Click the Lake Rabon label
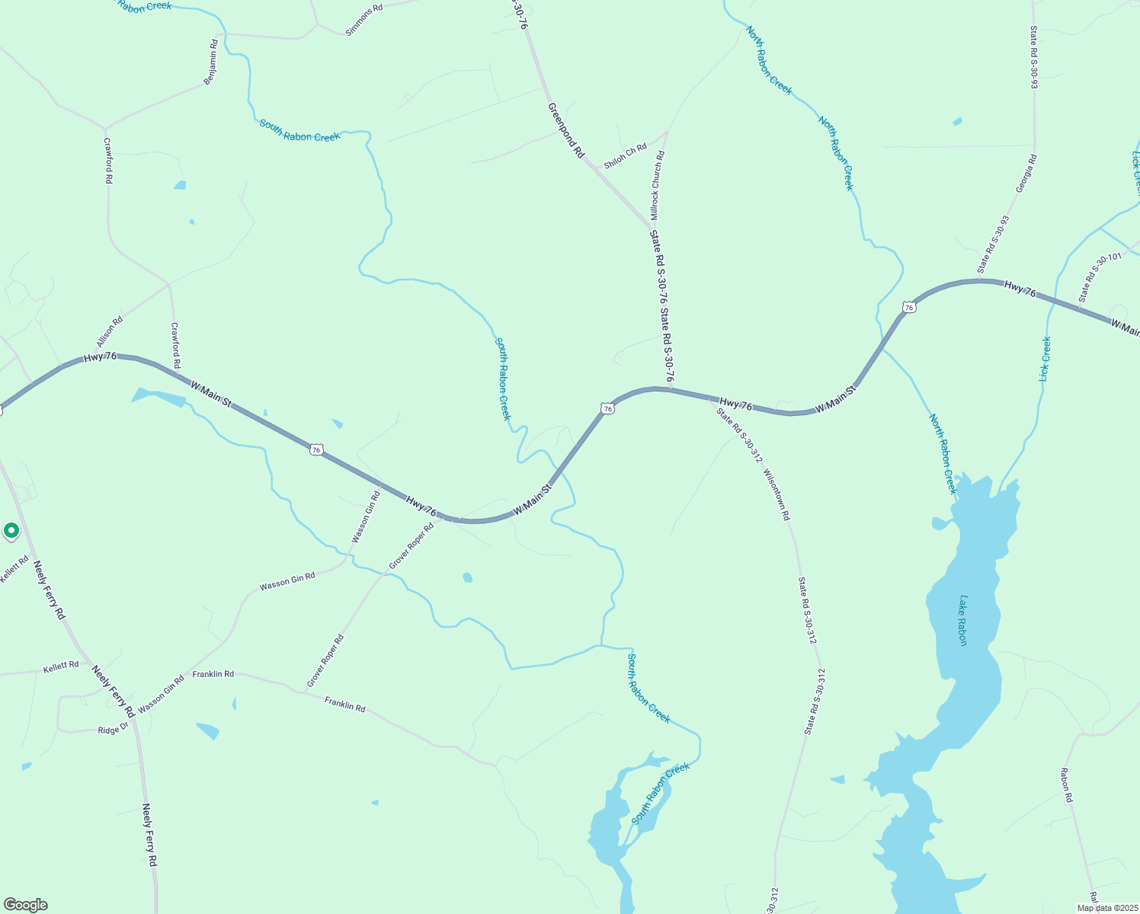tap(963, 621)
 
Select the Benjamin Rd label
tap(211, 62)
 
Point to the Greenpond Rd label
tap(566, 131)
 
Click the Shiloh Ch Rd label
tap(625, 156)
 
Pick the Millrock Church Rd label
tap(657, 185)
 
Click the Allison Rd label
tap(110, 333)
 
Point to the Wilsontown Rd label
tap(777, 494)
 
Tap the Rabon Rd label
tap(1066, 785)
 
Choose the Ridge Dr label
tap(114, 730)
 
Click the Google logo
tap(26, 905)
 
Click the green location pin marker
tap(11, 530)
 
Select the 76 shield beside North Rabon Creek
tap(908, 307)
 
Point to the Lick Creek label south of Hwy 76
tap(1046, 359)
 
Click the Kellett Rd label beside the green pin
tap(14, 570)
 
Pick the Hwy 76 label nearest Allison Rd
tap(100, 356)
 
